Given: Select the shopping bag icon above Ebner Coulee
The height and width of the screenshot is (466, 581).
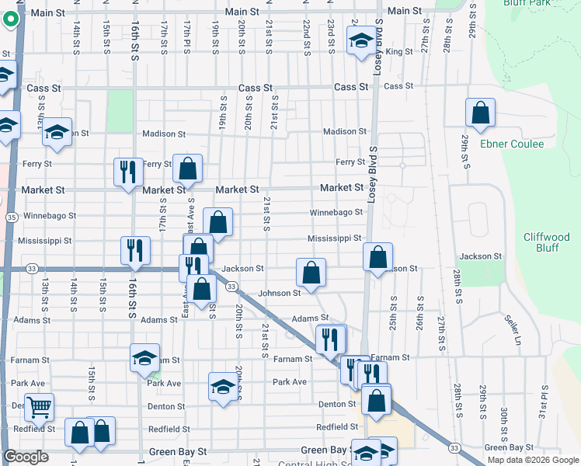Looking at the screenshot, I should (x=481, y=113).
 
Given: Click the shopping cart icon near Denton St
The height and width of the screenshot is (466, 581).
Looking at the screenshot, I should (x=38, y=405).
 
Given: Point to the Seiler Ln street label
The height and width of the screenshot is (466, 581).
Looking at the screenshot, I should (x=513, y=329).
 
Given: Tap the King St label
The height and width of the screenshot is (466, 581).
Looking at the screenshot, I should (x=398, y=52).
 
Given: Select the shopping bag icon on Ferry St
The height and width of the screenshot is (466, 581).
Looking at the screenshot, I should (x=188, y=168).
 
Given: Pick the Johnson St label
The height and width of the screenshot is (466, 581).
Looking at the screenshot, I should (x=279, y=293).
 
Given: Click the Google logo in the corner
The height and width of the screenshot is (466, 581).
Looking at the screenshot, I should (x=26, y=457).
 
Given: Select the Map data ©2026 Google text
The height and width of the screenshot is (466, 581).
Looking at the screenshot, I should (x=533, y=460).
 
